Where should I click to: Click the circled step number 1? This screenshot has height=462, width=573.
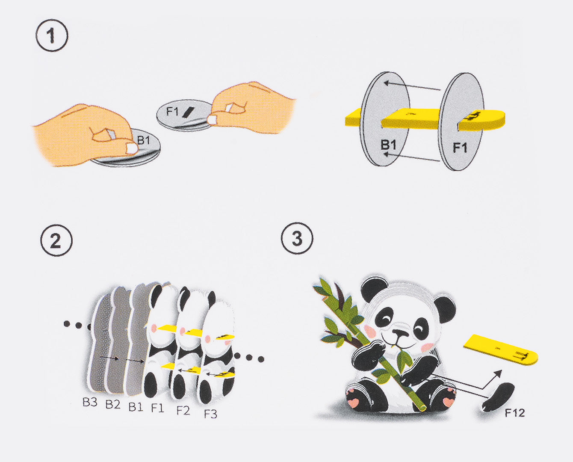52,36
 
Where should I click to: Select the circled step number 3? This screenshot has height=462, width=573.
297,238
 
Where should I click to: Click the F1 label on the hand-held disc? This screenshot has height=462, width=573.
172,112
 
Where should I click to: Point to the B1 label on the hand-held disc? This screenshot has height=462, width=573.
144,139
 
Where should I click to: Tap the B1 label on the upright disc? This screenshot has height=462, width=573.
388,145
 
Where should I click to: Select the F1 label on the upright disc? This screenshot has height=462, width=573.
460,148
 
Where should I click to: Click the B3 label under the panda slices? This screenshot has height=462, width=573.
90,402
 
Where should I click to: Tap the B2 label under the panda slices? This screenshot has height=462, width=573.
113,404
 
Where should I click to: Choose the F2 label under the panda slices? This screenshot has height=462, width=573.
183,410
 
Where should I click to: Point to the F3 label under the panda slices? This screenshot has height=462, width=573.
210,414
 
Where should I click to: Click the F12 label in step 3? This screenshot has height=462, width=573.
514,413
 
